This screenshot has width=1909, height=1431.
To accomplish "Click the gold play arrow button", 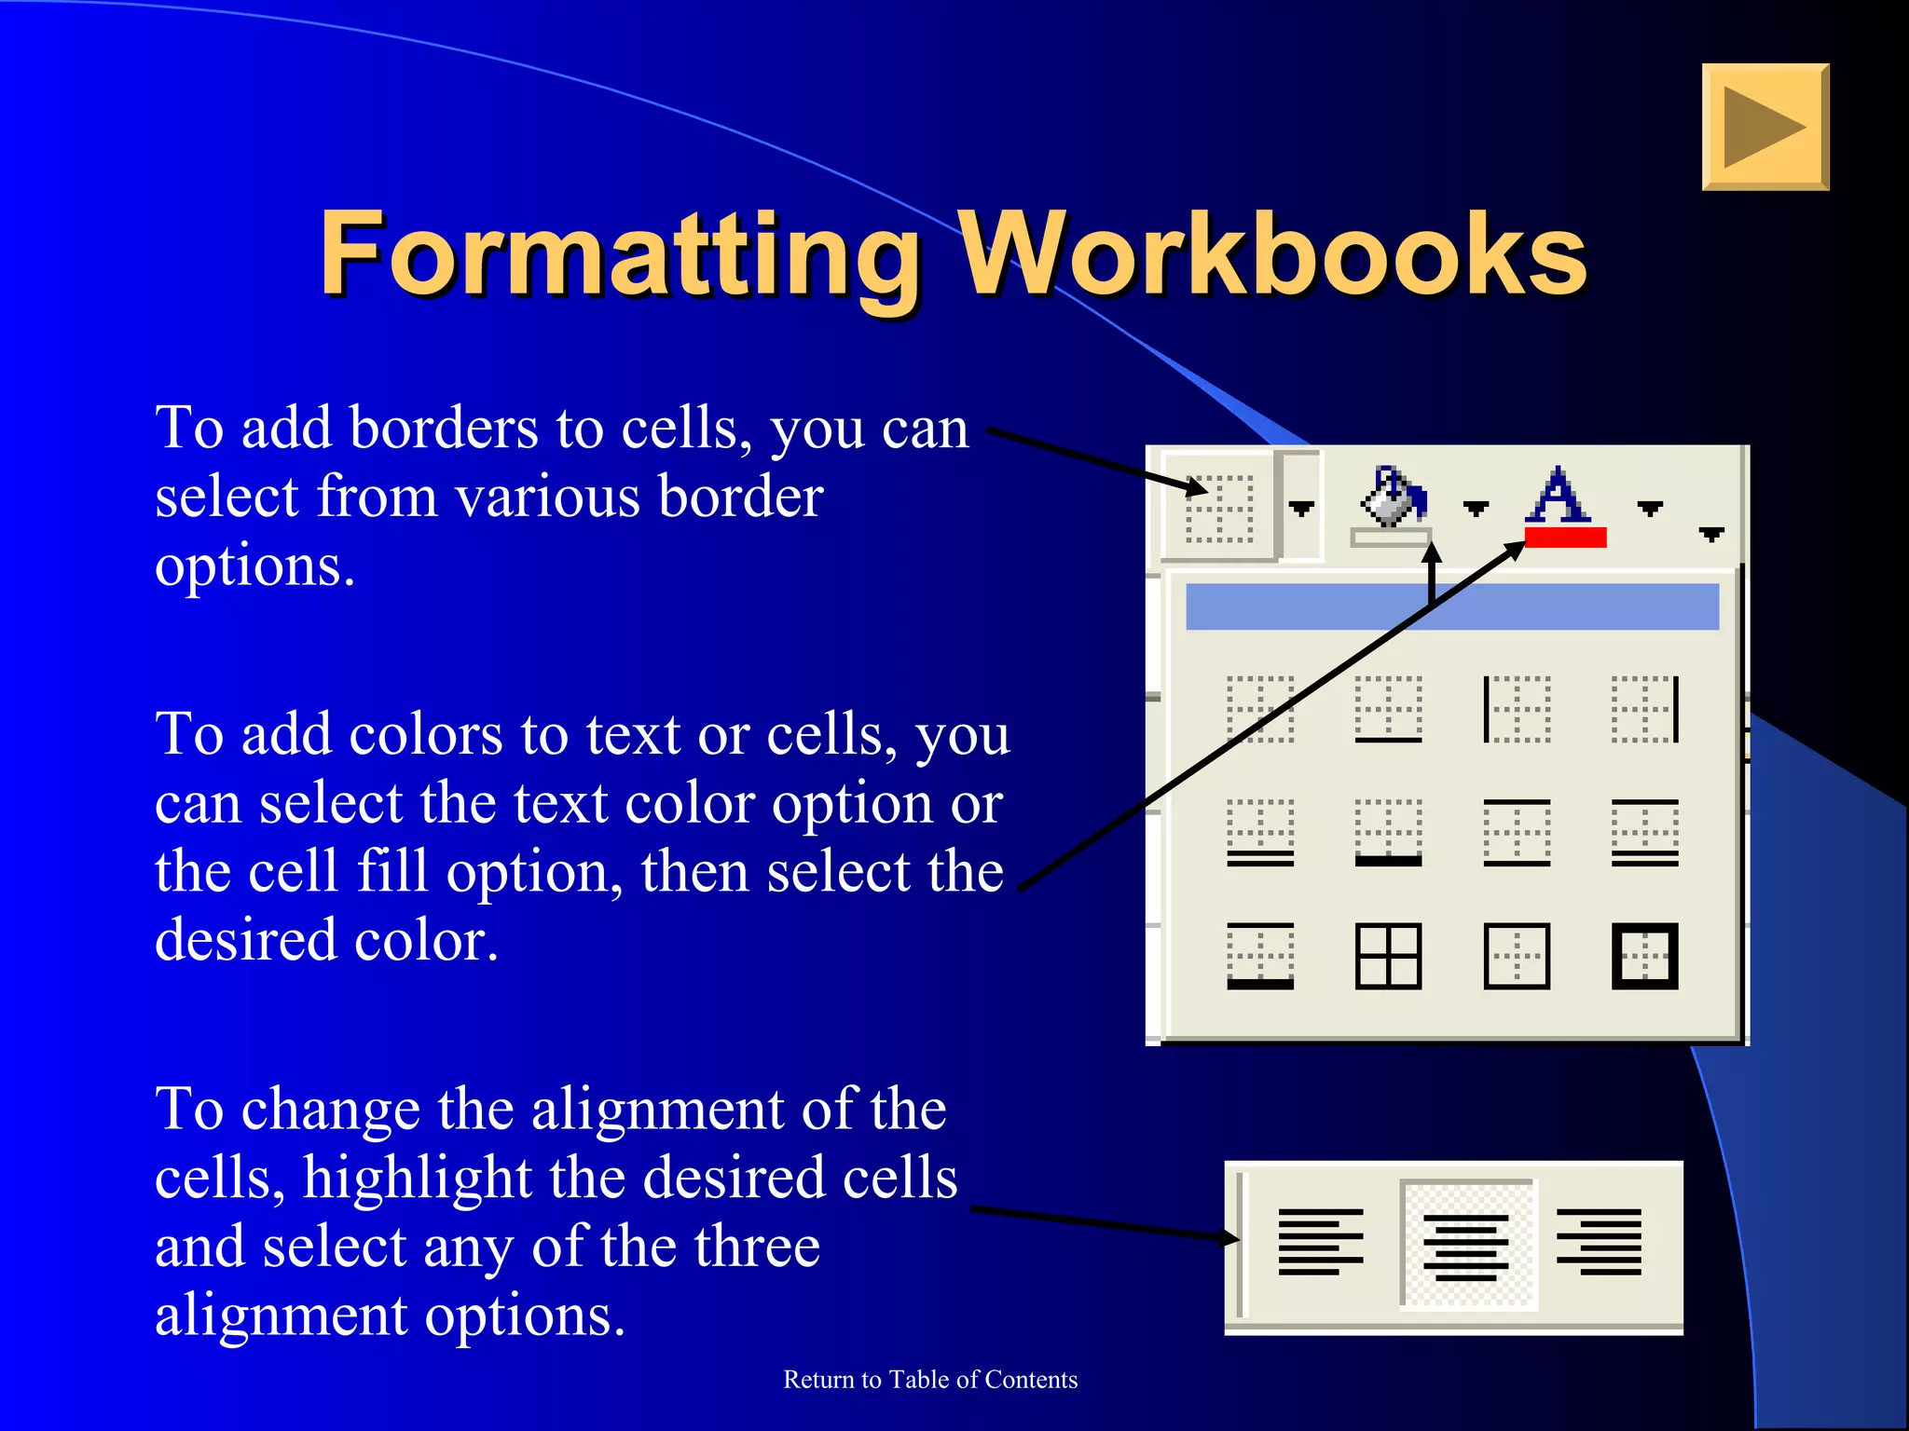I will click(1765, 128).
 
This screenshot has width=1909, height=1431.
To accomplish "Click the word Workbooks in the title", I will click(1272, 253).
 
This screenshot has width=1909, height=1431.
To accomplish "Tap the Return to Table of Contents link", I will click(930, 1380).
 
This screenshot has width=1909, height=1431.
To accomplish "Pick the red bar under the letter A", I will click(1565, 537).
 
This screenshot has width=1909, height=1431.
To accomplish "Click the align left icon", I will click(1320, 1242).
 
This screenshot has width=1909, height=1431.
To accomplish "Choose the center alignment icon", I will click(1466, 1246).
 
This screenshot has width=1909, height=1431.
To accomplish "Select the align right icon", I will click(1599, 1242).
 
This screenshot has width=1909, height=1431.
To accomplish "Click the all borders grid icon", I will click(1388, 956).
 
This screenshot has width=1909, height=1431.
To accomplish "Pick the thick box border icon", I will click(1644, 956).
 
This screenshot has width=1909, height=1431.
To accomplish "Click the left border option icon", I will click(1516, 710).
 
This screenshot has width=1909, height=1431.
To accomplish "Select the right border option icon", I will click(1644, 710).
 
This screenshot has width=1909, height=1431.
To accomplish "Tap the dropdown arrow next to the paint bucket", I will click(1476, 508).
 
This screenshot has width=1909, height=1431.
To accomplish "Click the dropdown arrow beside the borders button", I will click(1301, 508).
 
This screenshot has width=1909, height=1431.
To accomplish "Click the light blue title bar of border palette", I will click(1451, 606).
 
